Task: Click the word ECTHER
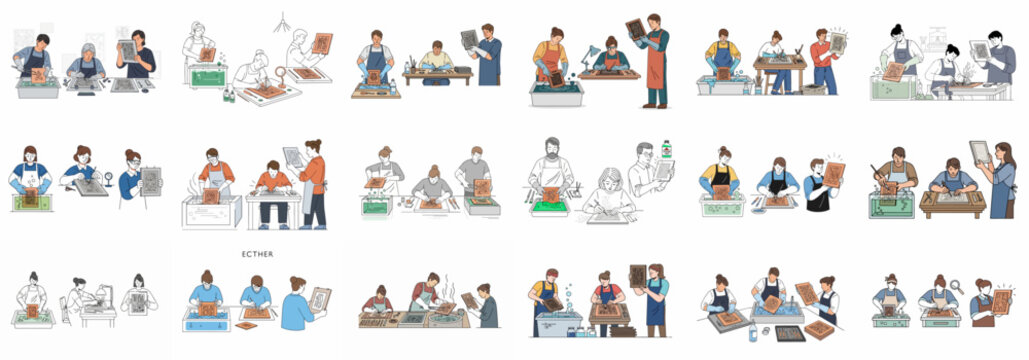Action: tap(257, 254)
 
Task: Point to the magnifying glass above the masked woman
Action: tap(956, 286)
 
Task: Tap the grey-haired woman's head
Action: tap(88, 50)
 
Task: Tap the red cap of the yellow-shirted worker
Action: tap(548, 275)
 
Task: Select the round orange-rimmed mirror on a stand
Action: tap(279, 73)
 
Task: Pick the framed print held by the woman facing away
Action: tap(319, 298)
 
